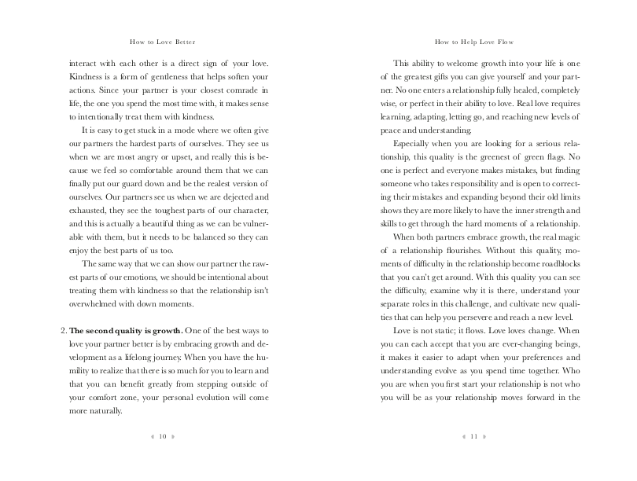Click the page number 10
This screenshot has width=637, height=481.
(x=163, y=437)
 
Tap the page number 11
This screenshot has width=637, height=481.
(x=474, y=437)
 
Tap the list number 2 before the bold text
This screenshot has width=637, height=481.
(x=63, y=330)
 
